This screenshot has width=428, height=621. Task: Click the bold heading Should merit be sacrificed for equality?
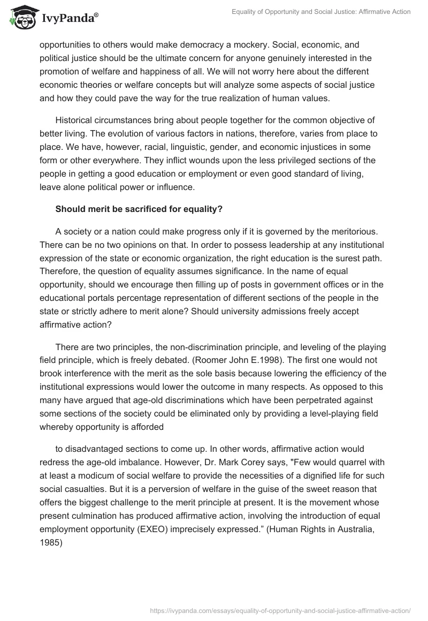click(x=139, y=209)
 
